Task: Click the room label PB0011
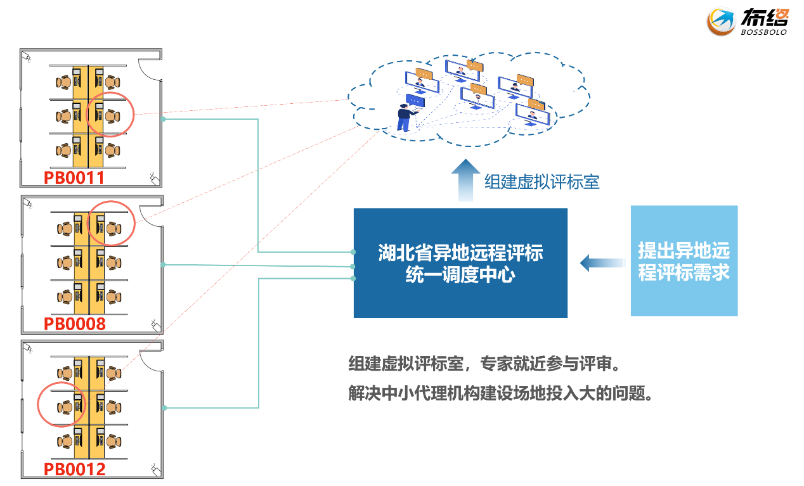pyautogui.click(x=74, y=177)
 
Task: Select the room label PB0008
pyautogui.click(x=74, y=324)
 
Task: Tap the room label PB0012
pyautogui.click(x=74, y=470)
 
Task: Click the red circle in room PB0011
pyautogui.click(x=110, y=114)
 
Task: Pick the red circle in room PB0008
pyautogui.click(x=110, y=224)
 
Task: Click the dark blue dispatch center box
pyautogui.click(x=460, y=263)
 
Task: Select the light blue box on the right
pyautogui.click(x=684, y=261)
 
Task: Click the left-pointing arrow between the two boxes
pyautogui.click(x=601, y=262)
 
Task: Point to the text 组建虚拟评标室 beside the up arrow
pyautogui.click(x=542, y=182)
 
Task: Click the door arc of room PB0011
pyautogui.click(x=148, y=68)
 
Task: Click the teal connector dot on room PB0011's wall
pyautogui.click(x=163, y=119)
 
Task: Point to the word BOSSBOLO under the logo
pyautogui.click(x=763, y=32)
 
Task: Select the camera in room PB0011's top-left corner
pyautogui.click(x=27, y=57)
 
